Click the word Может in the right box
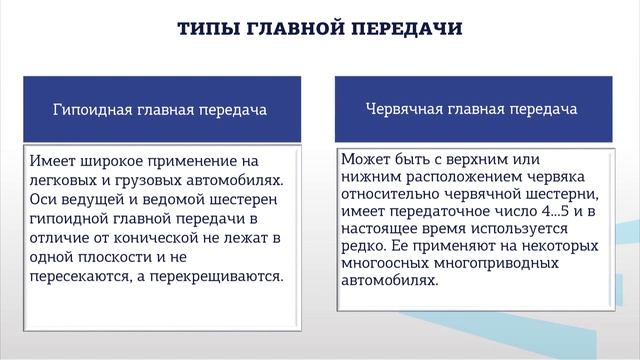pyautogui.click(x=365, y=159)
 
